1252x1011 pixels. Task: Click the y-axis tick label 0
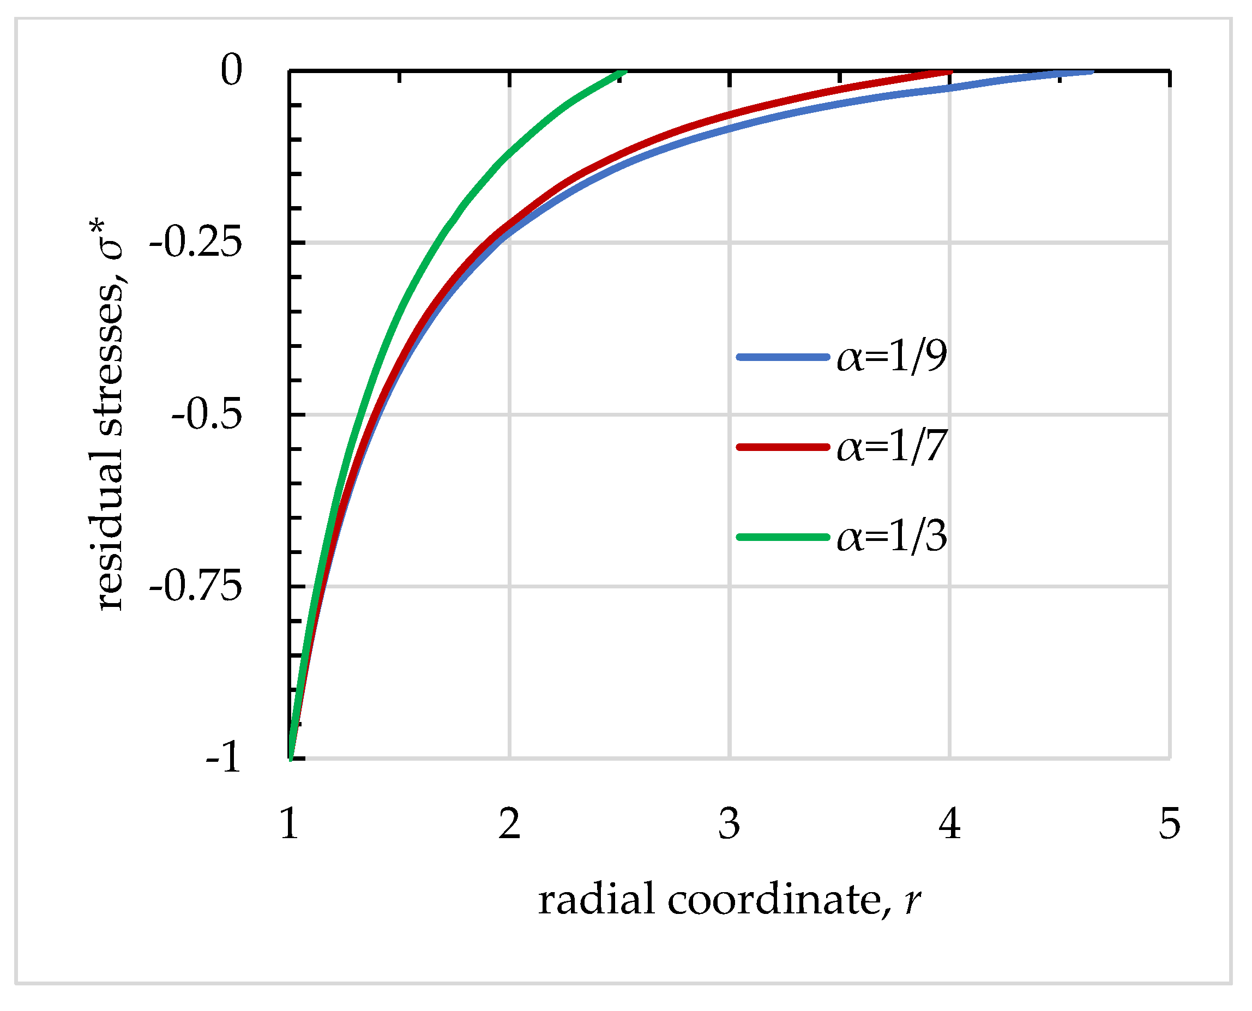231,70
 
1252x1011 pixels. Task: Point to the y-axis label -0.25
196,242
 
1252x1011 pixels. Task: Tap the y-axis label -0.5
207,414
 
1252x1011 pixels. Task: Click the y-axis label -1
223,757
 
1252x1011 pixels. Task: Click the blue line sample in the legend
782,357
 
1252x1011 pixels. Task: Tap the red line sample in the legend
782,447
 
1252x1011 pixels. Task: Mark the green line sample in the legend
782,537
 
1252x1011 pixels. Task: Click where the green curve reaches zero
622,73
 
